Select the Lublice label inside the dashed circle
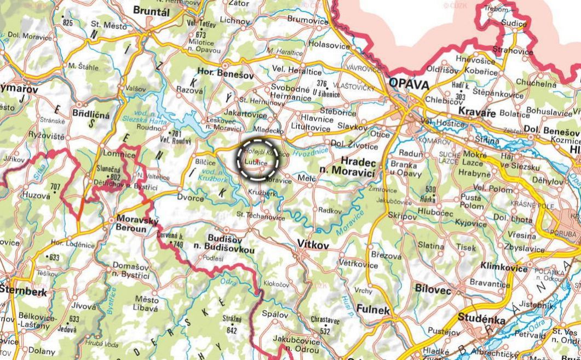(256, 163)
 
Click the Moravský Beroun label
(137, 222)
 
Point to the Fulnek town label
(373, 310)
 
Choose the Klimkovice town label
(502, 265)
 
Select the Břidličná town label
(90, 115)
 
